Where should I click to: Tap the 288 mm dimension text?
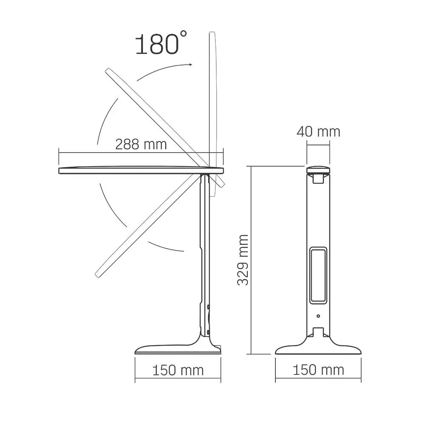coord(141,144)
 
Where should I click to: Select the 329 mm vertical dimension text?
coord(243,260)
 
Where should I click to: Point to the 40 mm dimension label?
coord(318,132)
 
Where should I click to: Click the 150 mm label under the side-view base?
coord(178,370)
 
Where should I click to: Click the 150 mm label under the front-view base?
coord(318,370)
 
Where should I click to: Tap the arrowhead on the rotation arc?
coord(189,65)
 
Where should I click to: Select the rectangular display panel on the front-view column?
coord(318,275)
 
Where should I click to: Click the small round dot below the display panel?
coord(318,316)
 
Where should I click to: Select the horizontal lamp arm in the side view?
coord(140,170)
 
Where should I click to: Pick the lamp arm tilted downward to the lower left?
coord(144,229)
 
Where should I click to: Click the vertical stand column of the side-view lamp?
coord(205,255)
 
